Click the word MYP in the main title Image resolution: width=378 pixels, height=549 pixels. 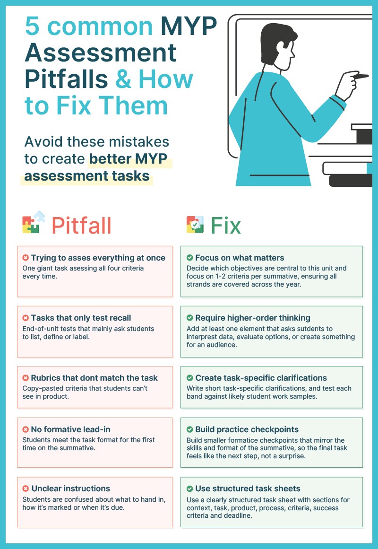(189, 27)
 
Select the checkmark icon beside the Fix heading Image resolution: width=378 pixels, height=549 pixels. (195, 224)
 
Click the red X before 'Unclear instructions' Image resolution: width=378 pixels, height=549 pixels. (26, 488)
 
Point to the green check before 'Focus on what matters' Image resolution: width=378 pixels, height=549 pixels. (189, 258)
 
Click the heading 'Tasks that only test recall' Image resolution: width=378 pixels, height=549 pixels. (81, 318)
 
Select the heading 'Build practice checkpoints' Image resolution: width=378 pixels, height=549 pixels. (247, 429)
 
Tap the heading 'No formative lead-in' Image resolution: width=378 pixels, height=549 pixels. (70, 429)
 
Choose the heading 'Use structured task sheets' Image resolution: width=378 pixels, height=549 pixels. (248, 488)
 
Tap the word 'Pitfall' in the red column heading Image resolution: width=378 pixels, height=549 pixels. (81, 225)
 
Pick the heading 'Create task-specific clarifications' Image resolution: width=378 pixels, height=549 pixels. (261, 378)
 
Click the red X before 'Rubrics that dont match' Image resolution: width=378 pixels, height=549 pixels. (26, 378)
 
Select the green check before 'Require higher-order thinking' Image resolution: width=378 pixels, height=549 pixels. (189, 318)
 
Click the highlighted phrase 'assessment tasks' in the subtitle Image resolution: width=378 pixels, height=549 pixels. (87, 176)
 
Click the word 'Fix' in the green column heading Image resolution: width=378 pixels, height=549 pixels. (226, 225)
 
